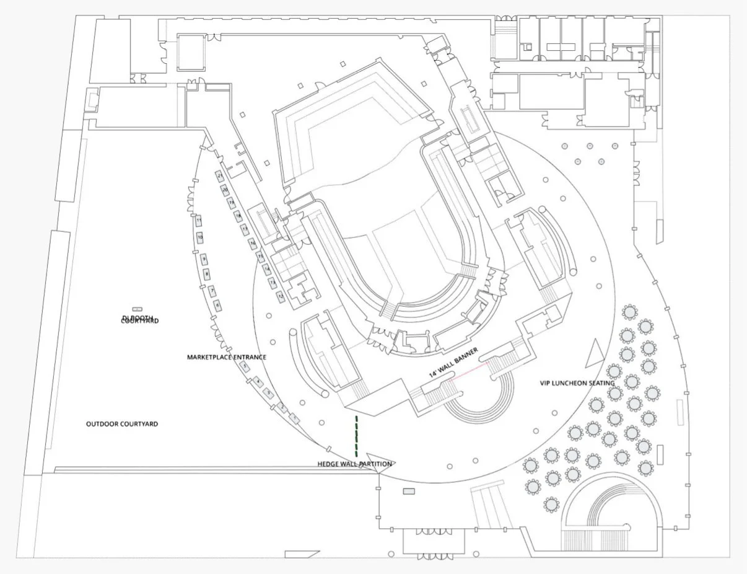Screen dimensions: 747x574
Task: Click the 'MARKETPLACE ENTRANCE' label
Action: coord(227,357)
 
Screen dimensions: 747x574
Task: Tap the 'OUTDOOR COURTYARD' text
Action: coord(122,424)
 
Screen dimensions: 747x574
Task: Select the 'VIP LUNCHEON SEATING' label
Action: coord(577,383)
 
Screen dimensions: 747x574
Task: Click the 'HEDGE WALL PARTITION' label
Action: coord(354,464)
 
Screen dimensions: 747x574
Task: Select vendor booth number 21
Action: coord(221,176)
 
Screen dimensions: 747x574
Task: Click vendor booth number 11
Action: coord(199,221)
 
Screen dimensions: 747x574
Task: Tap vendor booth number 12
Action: coord(281,297)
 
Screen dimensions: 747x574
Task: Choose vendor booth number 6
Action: coord(217,305)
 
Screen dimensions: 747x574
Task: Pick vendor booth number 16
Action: coord(253,244)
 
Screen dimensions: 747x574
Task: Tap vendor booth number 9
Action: coord(203,258)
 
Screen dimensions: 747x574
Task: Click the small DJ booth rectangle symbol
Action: coord(138,309)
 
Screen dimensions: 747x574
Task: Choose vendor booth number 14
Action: coord(266,270)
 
